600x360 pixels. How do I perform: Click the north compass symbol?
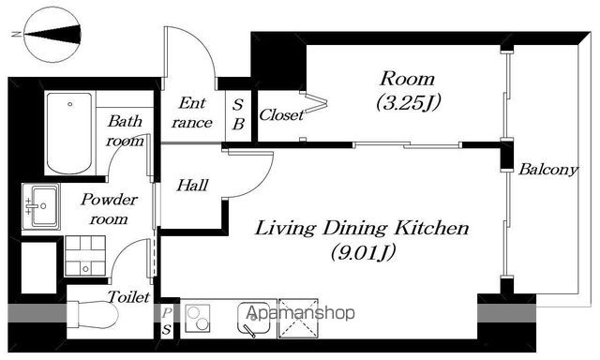[52, 35]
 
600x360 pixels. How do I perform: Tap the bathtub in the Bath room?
[69, 133]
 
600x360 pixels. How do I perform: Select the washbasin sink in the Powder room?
[41, 206]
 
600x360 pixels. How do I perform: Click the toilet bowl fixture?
[93, 315]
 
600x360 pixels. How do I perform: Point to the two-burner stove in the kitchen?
[198, 319]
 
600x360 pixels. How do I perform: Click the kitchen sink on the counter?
[253, 319]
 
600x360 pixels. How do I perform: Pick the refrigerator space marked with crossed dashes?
[298, 319]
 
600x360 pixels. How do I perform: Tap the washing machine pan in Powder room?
[85, 256]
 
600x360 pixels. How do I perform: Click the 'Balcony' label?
[547, 169]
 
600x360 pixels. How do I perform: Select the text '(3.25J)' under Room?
[409, 102]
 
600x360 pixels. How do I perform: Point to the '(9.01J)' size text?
[363, 252]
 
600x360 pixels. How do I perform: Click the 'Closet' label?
[281, 114]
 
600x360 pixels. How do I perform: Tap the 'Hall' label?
[192, 186]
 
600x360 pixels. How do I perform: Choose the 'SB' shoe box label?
[238, 114]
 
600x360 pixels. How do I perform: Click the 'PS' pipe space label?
[166, 322]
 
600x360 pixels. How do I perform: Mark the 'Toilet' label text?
[128, 297]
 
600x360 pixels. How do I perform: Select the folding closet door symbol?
[315, 102]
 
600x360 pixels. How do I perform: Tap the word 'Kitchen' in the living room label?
[432, 228]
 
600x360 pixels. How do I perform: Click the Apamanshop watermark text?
[300, 313]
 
